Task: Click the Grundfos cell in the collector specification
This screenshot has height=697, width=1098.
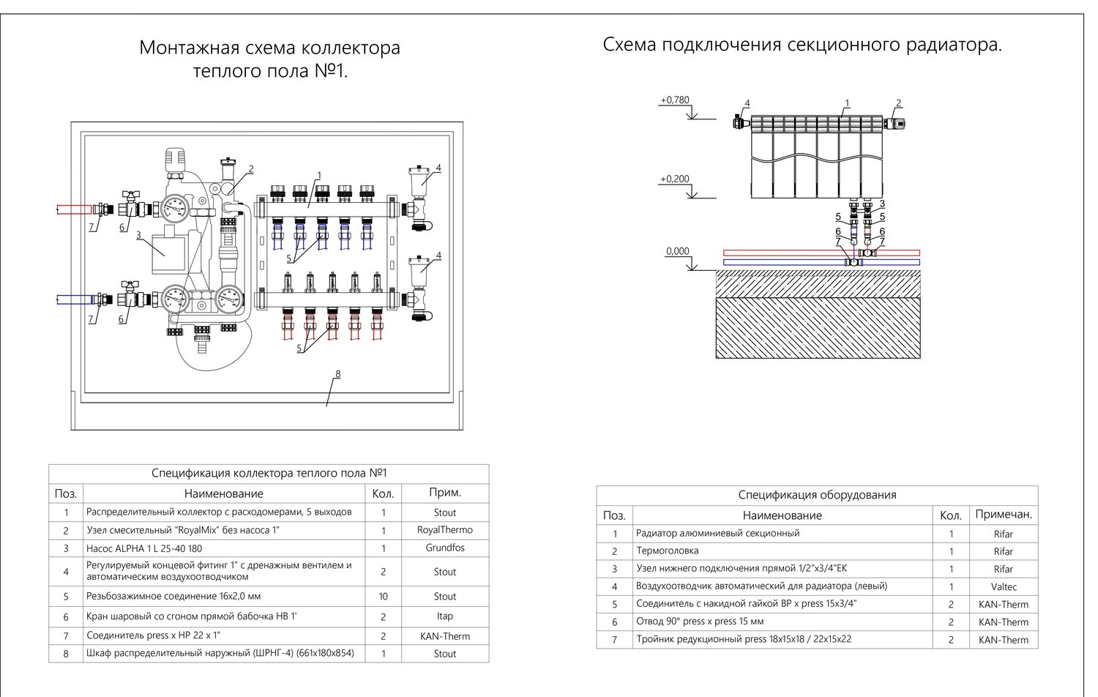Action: pos(445,548)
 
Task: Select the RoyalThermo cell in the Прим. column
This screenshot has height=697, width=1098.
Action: pos(445,530)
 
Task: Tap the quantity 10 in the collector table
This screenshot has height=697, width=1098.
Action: pos(384,597)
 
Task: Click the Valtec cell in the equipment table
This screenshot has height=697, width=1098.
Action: pos(1003,587)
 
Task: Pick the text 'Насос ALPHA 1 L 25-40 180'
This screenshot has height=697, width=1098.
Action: pos(144,548)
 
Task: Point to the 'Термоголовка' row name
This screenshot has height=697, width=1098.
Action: pos(667,551)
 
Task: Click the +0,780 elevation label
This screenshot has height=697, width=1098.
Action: pos(674,100)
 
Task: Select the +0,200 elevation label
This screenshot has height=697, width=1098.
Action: pos(674,179)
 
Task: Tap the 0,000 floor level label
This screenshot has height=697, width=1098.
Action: pos(677,252)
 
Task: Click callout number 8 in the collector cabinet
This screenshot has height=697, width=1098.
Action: pos(337,374)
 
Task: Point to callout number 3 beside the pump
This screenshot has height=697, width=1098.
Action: pos(138,235)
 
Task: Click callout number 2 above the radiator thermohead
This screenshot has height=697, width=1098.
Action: pos(898,103)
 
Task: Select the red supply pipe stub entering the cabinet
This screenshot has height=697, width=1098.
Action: pos(73,210)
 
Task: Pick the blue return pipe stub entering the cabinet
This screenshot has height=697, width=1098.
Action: pos(73,299)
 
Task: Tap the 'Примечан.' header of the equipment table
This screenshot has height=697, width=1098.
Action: pos(1003,515)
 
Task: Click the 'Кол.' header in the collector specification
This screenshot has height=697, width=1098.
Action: pos(383,493)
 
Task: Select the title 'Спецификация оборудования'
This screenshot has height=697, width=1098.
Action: pos(817,495)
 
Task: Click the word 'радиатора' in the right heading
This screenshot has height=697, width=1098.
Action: pos(954,45)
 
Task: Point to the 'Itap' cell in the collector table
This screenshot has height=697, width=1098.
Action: pos(445,616)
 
